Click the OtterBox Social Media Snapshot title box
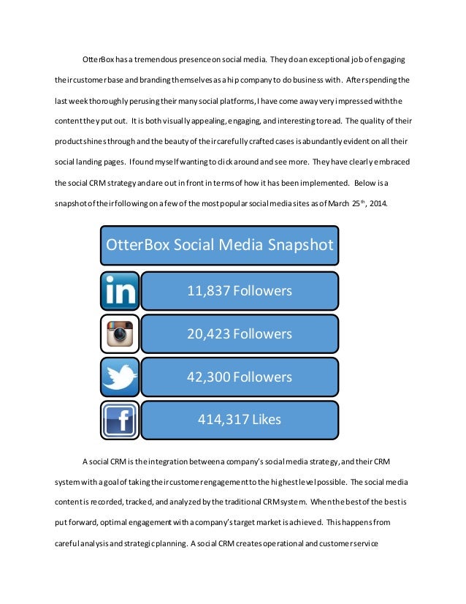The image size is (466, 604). (220, 244)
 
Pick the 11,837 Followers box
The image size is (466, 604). (240, 291)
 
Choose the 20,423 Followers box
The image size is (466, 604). (240, 334)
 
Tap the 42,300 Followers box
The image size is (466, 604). (240, 377)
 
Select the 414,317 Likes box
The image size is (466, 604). (240, 420)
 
